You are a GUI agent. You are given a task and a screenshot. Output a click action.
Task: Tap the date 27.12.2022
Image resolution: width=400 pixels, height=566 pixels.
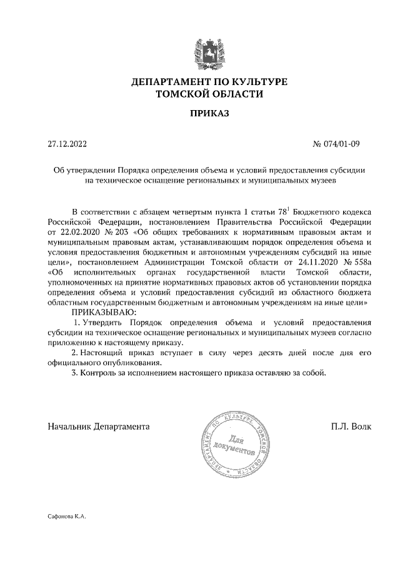[x=67, y=144]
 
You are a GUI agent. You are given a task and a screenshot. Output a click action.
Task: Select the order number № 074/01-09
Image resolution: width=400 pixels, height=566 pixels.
[x=336, y=144]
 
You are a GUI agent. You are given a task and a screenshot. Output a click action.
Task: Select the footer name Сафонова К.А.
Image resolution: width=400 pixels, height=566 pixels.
[x=66, y=518]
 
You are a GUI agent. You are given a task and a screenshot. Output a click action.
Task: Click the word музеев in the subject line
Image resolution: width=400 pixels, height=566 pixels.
[x=324, y=180]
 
